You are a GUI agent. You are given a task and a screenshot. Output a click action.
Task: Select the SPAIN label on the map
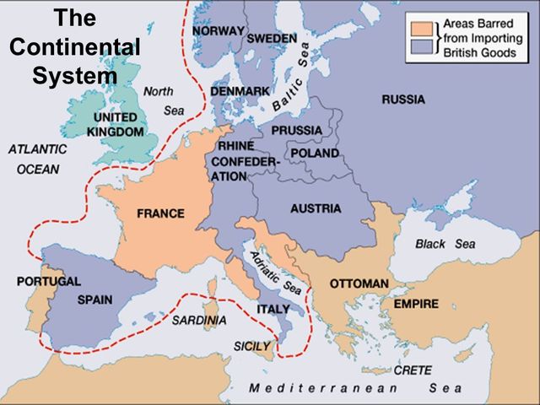tap(94, 300)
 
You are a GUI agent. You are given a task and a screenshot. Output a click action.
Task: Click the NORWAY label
tap(219, 30)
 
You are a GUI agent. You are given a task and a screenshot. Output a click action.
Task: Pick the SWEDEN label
tap(272, 39)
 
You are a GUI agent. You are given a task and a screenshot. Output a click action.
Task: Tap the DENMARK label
tap(240, 89)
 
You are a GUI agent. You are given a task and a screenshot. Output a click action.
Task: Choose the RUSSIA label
tap(403, 100)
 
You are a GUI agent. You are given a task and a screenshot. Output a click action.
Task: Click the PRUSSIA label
tap(295, 130)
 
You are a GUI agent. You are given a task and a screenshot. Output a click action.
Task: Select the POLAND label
tap(314, 154)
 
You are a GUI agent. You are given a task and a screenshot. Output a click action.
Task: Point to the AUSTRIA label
tap(315, 208)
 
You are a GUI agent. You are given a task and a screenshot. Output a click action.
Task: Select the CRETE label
tap(413, 370)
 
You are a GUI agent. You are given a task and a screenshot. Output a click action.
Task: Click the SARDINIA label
tap(199, 321)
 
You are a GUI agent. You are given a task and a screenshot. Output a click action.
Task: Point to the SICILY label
tap(252, 346)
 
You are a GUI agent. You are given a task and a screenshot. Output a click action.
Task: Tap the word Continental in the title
tap(75, 47)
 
